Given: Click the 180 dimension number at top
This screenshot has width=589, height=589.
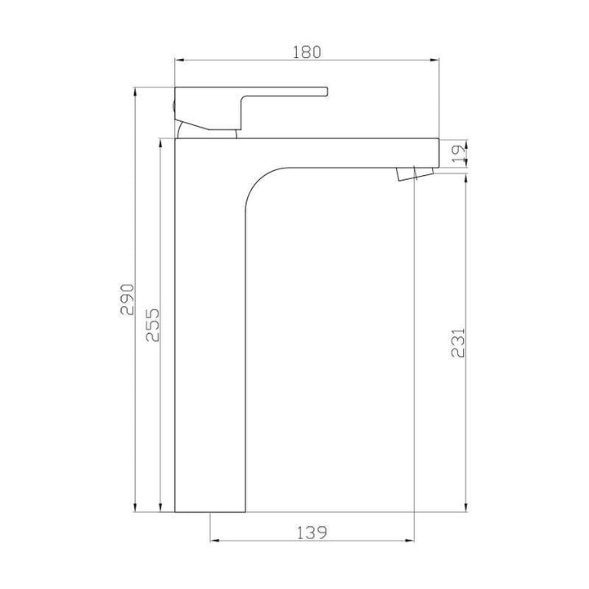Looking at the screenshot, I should (x=305, y=51).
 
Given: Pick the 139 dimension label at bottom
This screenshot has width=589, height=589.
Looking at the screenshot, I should (x=312, y=532).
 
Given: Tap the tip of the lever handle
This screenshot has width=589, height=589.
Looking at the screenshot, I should (x=324, y=91).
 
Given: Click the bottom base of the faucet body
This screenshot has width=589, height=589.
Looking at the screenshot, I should (x=210, y=510).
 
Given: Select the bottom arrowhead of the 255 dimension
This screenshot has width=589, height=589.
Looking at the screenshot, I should (x=161, y=509).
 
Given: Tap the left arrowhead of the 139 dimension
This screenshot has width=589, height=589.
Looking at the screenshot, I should (x=214, y=540).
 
